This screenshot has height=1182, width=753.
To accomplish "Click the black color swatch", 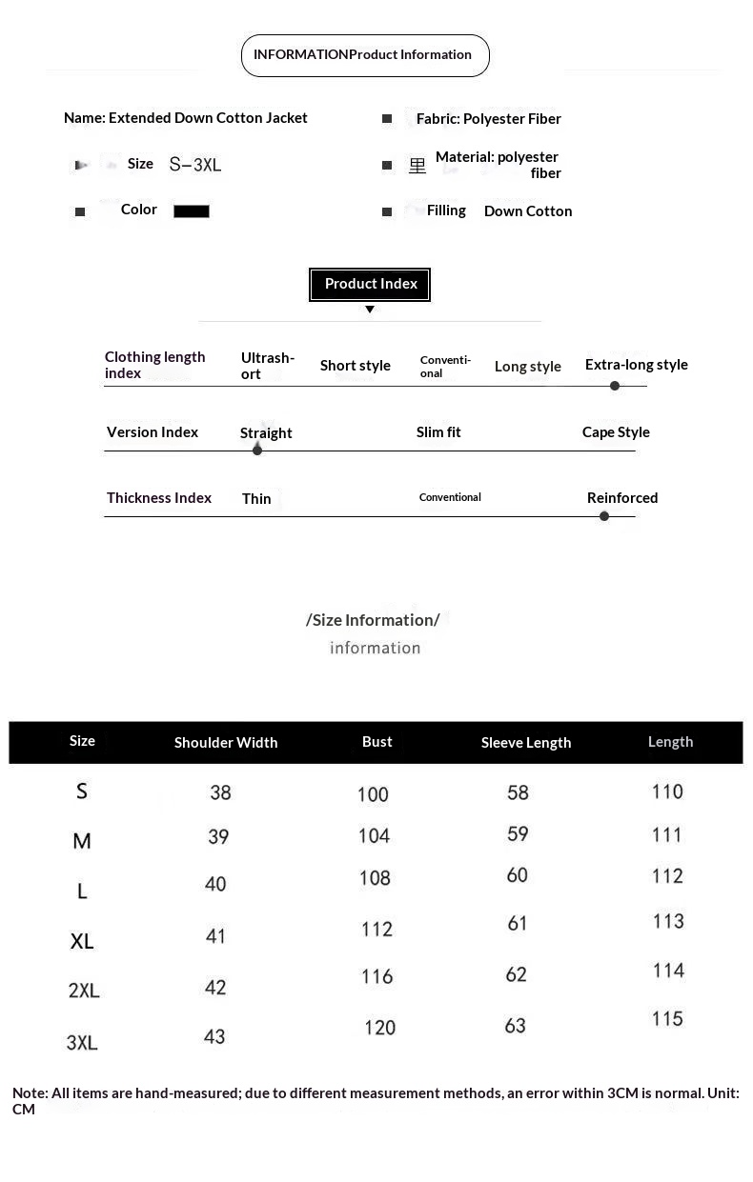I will (191, 211).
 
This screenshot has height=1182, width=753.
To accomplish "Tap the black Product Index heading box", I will (370, 284).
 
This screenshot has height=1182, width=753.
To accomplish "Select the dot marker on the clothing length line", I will (615, 386).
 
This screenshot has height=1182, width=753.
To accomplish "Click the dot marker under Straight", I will (257, 450).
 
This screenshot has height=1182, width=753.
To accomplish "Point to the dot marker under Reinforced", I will (604, 516).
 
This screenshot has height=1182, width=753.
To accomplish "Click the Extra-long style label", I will (636, 365).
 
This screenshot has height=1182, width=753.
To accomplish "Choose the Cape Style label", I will (616, 432).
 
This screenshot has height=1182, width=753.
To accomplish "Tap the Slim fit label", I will (438, 432).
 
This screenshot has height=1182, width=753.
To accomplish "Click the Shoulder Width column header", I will (226, 743).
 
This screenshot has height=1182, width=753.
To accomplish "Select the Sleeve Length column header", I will (526, 743).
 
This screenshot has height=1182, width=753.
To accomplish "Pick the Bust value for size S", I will (373, 794).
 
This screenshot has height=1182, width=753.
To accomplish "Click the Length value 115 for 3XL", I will (667, 1019).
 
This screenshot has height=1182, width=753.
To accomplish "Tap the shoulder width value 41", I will (216, 936).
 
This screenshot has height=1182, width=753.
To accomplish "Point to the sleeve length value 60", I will (518, 875).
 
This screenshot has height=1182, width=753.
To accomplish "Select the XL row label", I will (82, 942).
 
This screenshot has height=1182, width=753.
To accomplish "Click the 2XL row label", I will (84, 991).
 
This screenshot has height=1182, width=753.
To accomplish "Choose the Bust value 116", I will (376, 976).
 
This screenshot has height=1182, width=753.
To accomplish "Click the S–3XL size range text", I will (195, 165).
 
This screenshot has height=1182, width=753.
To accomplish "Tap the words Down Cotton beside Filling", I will (528, 211).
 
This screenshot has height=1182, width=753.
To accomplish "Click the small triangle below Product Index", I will (370, 310).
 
